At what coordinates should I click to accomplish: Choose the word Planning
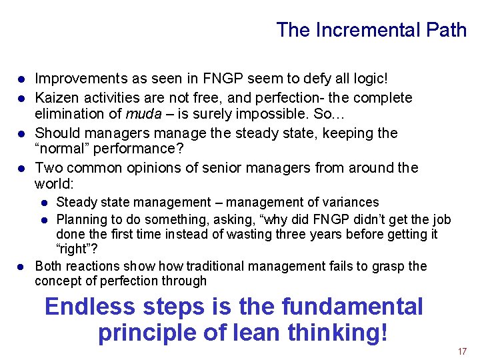(x=81, y=219)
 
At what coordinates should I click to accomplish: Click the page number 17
(x=462, y=351)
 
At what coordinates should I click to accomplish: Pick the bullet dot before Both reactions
(x=21, y=267)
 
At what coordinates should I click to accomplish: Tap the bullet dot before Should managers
(x=21, y=133)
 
